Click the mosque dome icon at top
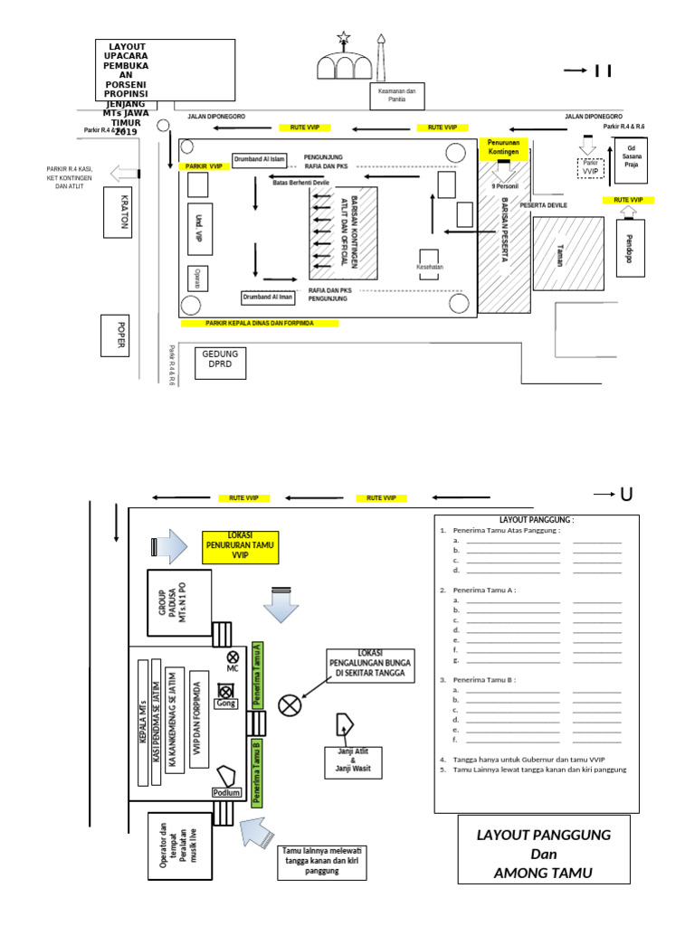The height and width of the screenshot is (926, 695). (x=343, y=62)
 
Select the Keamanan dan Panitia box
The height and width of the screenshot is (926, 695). (x=396, y=95)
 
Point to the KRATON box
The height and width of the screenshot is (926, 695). (x=117, y=213)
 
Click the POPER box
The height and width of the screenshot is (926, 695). (x=116, y=336)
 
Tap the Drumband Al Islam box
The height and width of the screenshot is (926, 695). (x=260, y=160)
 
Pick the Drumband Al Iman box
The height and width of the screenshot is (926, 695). (x=267, y=297)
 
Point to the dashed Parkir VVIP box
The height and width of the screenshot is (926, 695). (x=591, y=167)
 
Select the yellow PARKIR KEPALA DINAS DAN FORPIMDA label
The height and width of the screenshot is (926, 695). (x=260, y=323)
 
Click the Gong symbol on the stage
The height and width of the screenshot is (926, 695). (x=226, y=694)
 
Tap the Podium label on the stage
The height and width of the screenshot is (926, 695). (x=226, y=792)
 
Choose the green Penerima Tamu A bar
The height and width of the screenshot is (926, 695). (x=257, y=674)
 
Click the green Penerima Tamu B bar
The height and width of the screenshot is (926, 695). (x=257, y=770)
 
